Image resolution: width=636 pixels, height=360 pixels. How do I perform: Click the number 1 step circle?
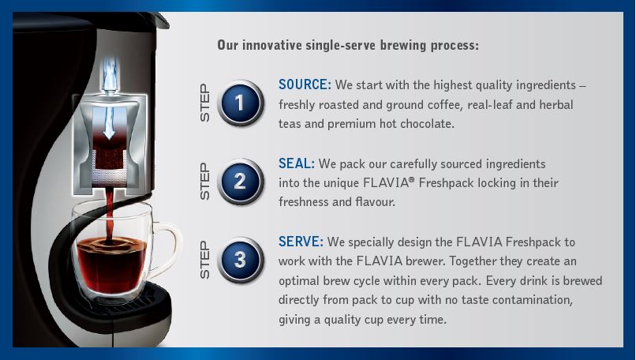click(x=241, y=103)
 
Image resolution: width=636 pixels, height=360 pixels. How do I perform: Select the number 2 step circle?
click(x=241, y=182)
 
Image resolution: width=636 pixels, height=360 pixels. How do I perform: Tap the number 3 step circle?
click(x=241, y=260)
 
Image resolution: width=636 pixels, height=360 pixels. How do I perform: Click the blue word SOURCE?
click(x=305, y=84)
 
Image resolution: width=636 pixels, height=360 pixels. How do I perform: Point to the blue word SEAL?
click(x=297, y=163)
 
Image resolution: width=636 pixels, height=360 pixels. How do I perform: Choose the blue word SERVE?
click(x=301, y=242)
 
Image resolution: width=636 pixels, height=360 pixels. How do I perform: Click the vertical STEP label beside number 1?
click(x=205, y=103)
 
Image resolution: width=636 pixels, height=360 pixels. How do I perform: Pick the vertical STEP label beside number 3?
click(x=205, y=260)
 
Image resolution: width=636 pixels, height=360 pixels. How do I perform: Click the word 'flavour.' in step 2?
click(x=375, y=202)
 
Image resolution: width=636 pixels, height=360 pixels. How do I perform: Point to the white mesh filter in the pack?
click(x=109, y=176)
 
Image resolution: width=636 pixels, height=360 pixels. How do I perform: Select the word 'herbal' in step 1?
click(x=556, y=105)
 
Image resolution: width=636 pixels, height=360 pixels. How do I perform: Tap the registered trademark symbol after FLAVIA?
click(x=412, y=178)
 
